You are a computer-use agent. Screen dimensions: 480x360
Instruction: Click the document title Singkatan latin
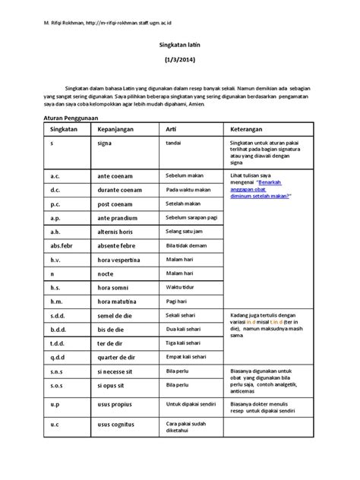pos(180,46)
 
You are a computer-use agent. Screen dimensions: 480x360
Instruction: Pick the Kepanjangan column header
pos(117,132)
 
